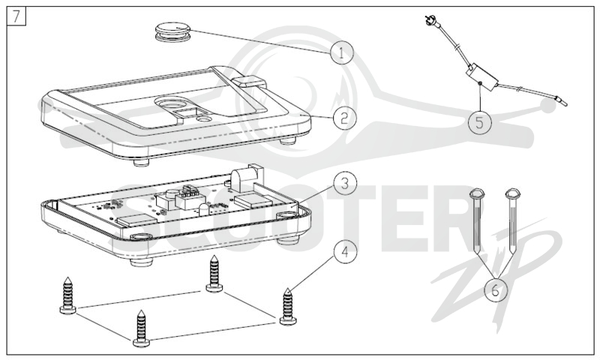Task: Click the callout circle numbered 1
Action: click(342, 52)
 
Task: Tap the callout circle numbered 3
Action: click(345, 183)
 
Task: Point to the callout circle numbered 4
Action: click(345, 252)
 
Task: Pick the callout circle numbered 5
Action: click(480, 122)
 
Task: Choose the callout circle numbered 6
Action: click(496, 290)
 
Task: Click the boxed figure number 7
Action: click(16, 16)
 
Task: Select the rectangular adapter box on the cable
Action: click(481, 77)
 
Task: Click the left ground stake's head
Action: click(477, 193)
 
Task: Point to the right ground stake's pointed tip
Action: click(512, 253)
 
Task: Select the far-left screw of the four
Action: click(68, 295)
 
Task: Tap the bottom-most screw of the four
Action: click(141, 328)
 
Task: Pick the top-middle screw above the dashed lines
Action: click(214, 274)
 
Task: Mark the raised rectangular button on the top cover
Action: click(249, 82)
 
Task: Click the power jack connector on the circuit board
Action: click(247, 178)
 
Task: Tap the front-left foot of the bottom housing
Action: click(140, 262)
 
